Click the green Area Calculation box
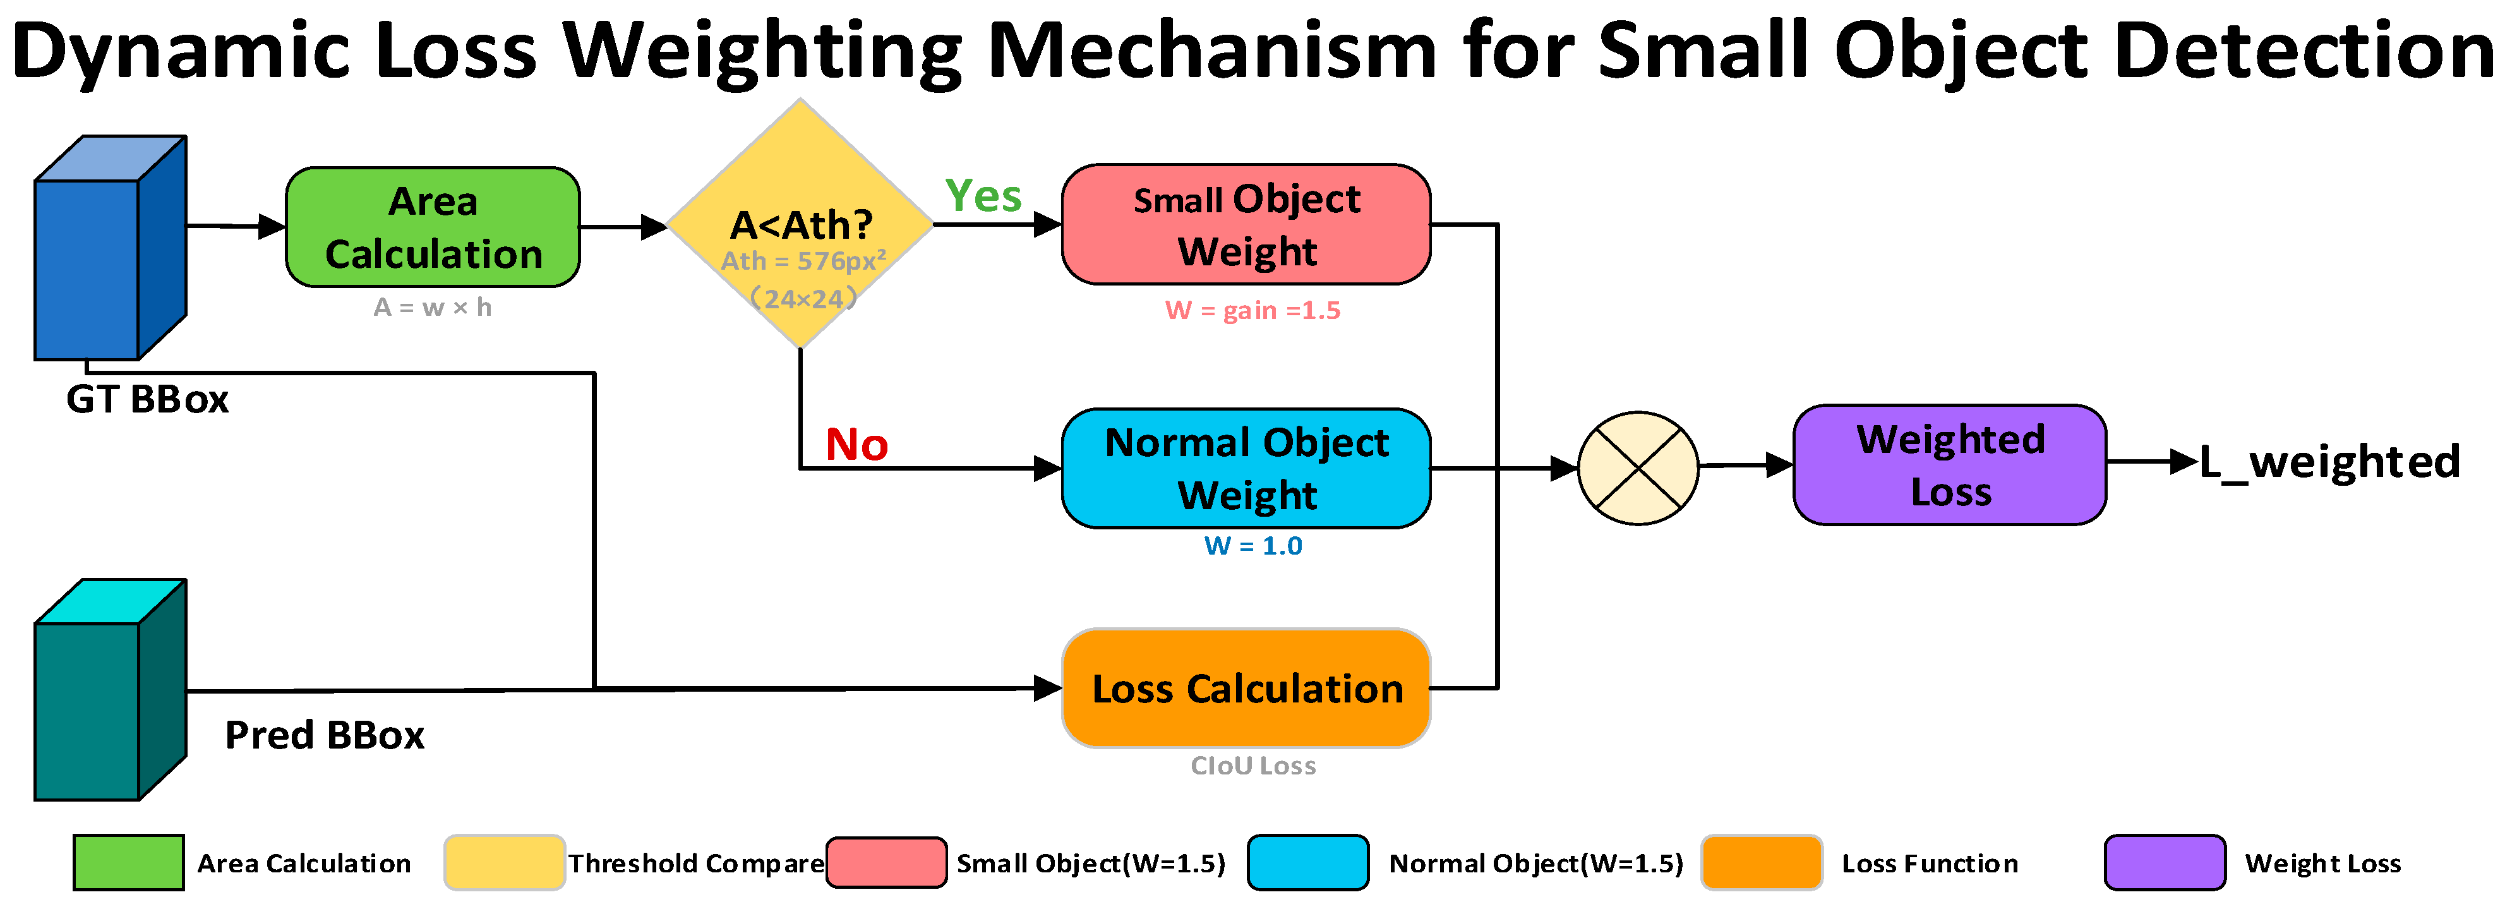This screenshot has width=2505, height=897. click(x=433, y=227)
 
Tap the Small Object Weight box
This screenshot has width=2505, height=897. click(x=1246, y=225)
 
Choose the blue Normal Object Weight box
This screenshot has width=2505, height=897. click(x=1246, y=468)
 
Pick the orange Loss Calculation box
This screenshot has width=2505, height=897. click(x=1246, y=688)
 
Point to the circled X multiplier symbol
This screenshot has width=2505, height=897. click(x=1638, y=468)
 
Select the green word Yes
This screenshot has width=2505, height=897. click(x=983, y=196)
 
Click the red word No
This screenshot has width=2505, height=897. click(x=856, y=445)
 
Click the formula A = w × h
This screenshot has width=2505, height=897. click(x=433, y=308)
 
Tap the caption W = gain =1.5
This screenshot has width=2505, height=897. click(x=1252, y=310)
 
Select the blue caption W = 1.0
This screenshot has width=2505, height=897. click(x=1252, y=546)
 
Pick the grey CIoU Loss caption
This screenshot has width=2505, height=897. click(x=1252, y=766)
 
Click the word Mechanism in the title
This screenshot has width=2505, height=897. click(x=1211, y=51)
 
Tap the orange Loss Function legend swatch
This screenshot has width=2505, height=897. click(x=1761, y=862)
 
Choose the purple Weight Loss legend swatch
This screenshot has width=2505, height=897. click(x=2165, y=862)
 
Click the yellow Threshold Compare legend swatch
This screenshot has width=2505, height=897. click(x=504, y=862)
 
